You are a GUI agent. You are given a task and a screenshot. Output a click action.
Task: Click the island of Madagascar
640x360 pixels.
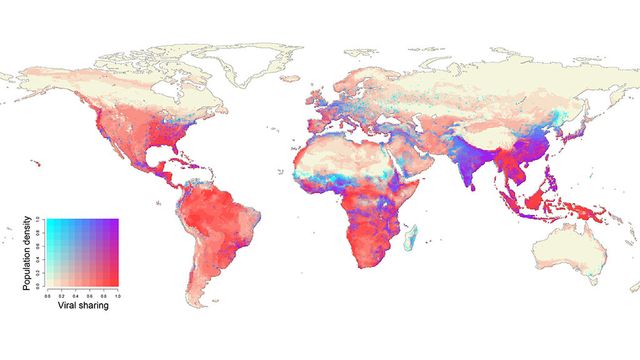tap(410, 236)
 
